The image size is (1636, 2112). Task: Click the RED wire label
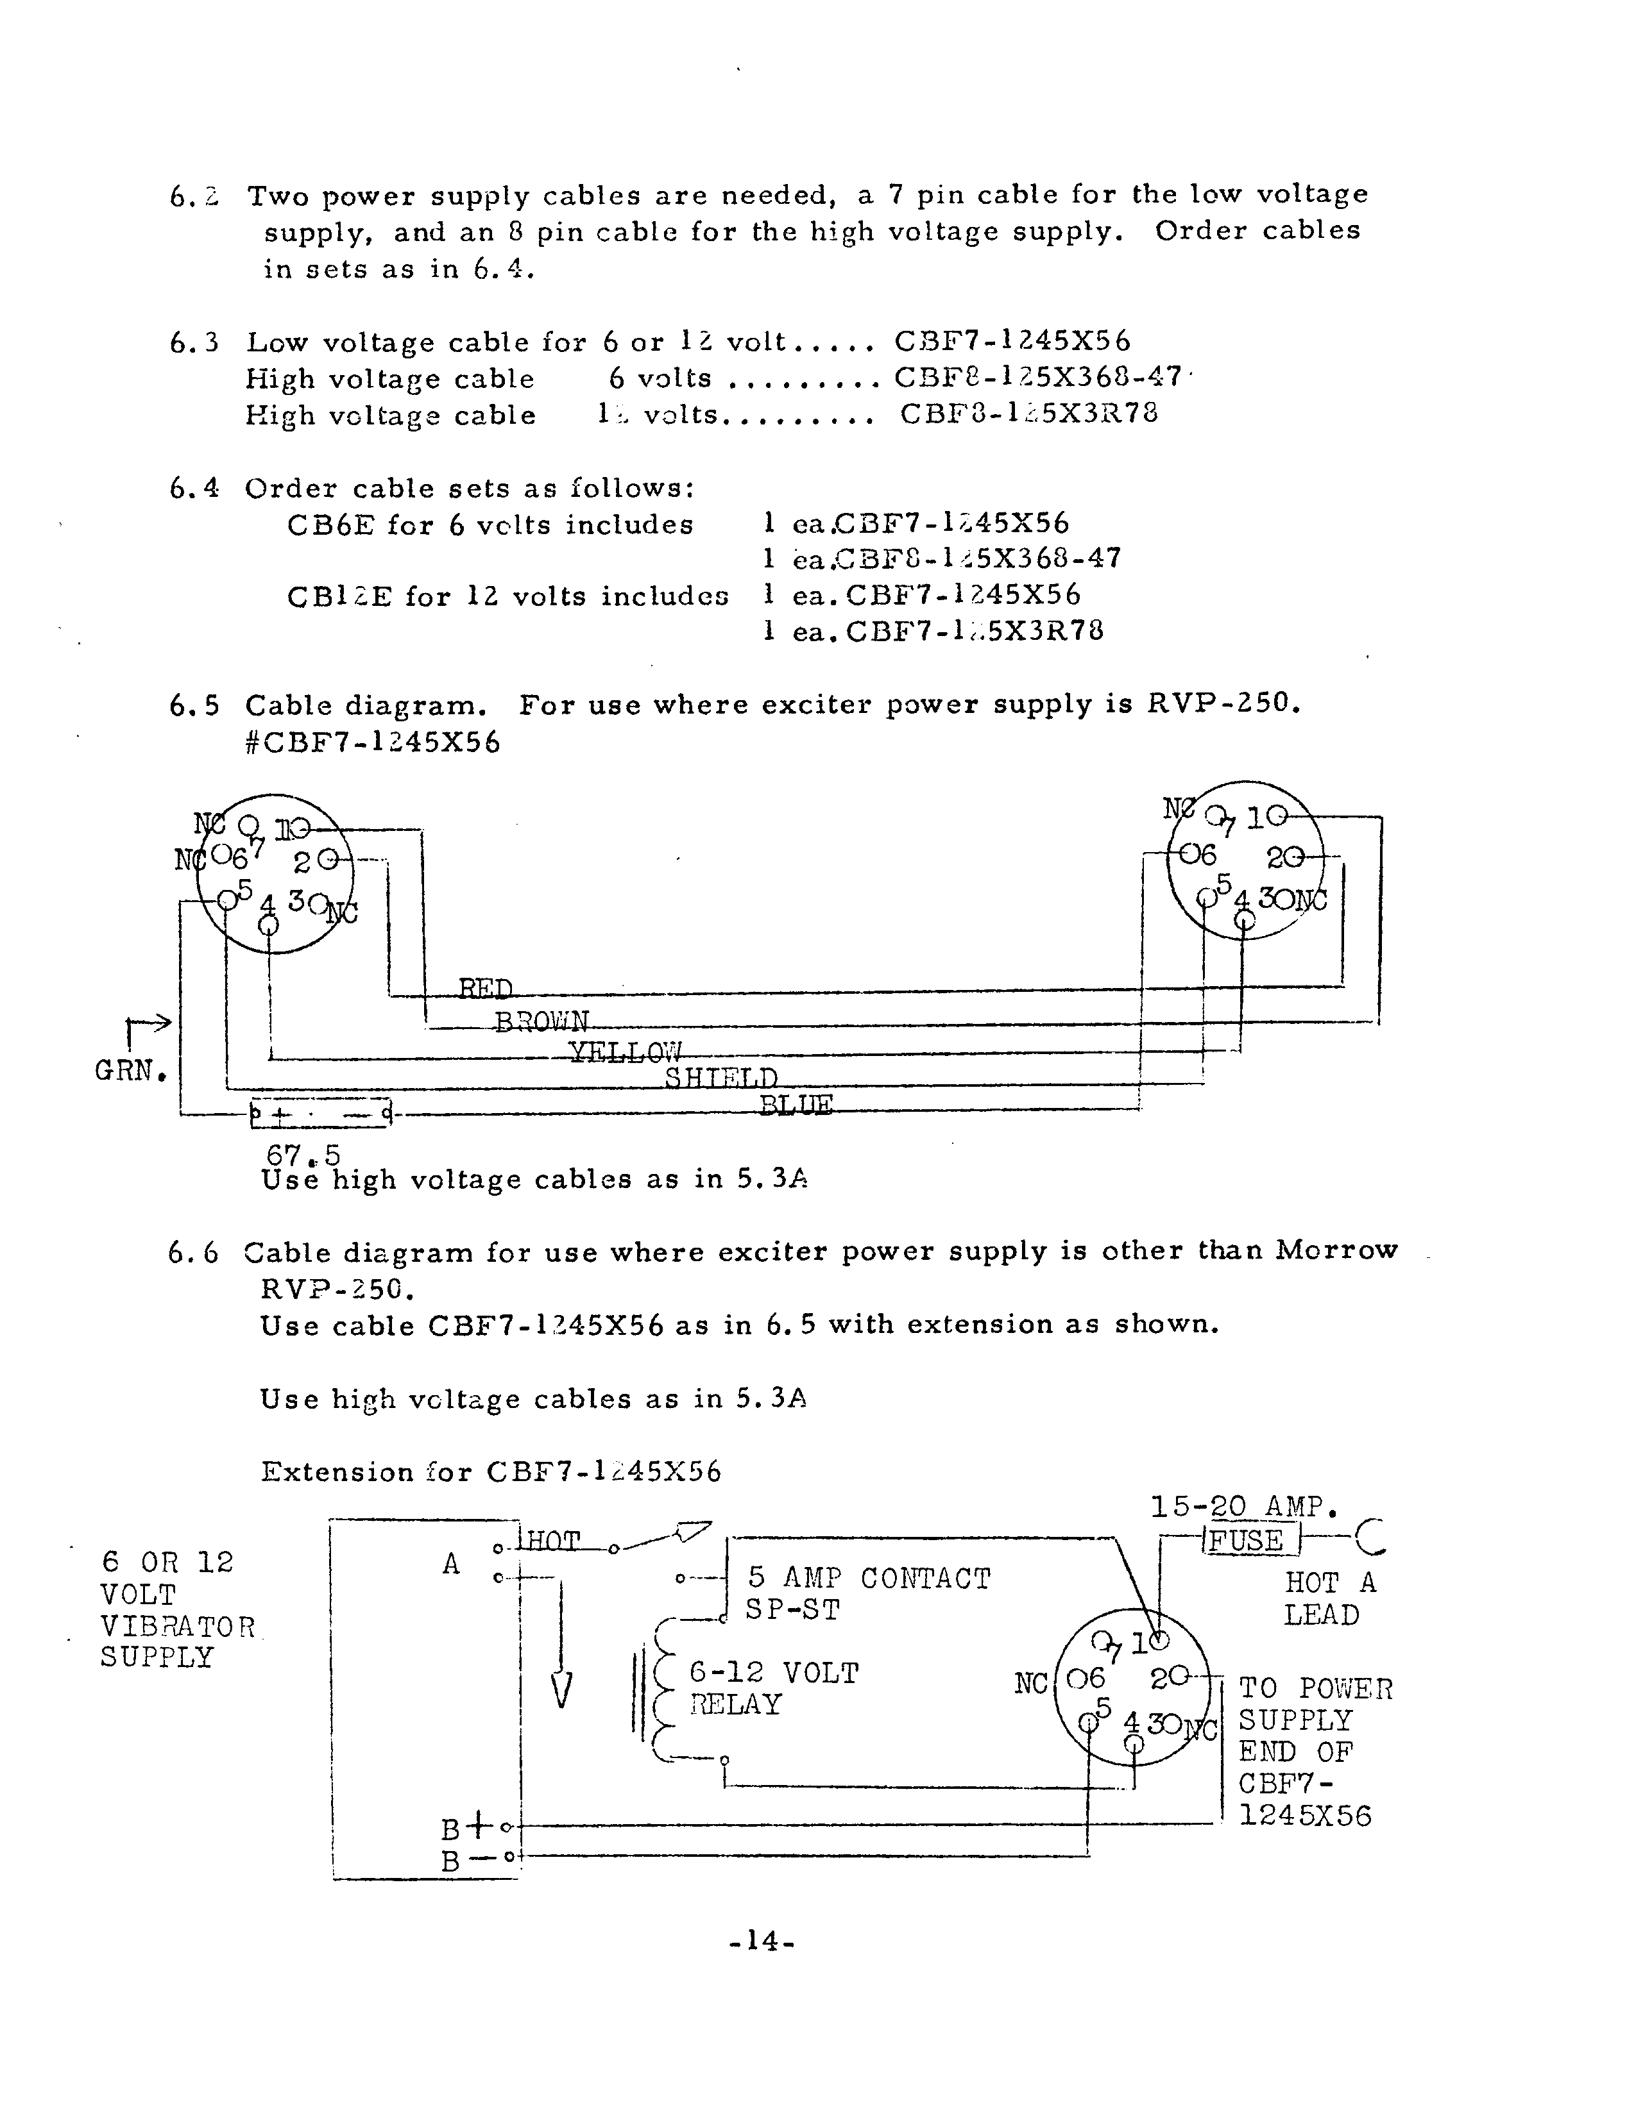pyautogui.click(x=486, y=989)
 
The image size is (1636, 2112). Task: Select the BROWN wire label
pyautogui.click(x=541, y=1022)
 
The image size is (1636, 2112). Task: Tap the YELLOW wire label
pyautogui.click(x=625, y=1052)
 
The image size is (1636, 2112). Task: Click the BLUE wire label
pyautogui.click(x=796, y=1104)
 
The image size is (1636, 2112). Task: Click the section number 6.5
pyautogui.click(x=192, y=706)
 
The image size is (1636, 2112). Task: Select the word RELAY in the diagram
pyautogui.click(x=735, y=1704)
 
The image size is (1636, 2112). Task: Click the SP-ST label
pyautogui.click(x=792, y=1610)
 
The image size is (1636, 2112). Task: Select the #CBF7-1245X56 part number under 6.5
pyautogui.click(x=373, y=742)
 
